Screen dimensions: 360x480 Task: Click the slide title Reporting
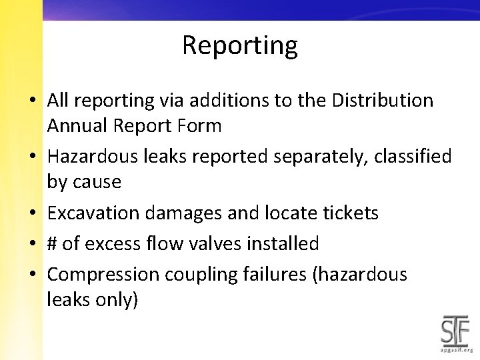click(x=239, y=45)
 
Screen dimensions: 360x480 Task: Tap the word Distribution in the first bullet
click(x=383, y=101)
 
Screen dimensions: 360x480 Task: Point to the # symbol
click(x=52, y=244)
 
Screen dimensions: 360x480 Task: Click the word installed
click(x=280, y=244)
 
